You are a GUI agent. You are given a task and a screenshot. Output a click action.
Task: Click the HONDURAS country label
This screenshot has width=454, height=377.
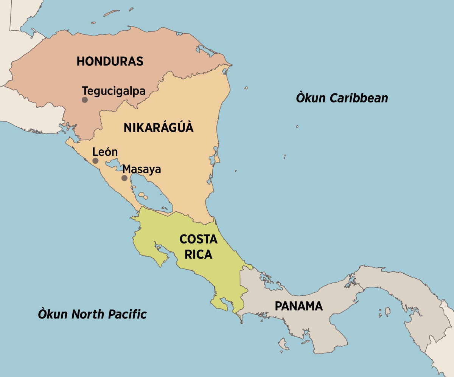coord(110,61)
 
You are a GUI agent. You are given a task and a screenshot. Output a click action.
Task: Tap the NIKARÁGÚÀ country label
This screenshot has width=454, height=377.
coord(159,128)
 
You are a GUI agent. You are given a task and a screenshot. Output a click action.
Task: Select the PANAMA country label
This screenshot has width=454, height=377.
coord(299,306)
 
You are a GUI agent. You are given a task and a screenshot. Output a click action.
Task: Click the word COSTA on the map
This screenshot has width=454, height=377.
coord(198,239)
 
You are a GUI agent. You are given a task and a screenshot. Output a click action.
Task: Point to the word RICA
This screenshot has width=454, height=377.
coord(198,255)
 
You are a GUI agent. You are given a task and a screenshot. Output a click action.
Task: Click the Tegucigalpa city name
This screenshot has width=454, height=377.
coord(114,91)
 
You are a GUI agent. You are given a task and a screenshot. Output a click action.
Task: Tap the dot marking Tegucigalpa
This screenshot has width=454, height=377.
coord(85,100)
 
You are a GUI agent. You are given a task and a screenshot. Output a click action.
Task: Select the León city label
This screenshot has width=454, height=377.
coord(105,152)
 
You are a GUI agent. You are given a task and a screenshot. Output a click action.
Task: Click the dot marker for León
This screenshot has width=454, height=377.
coord(95,161)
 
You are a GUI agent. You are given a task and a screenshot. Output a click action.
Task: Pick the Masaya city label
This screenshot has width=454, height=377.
coord(142,169)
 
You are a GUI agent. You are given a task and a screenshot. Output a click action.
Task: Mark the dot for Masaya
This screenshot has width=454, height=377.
coord(124,178)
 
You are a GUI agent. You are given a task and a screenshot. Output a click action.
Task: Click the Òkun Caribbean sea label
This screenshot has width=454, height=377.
coord(342,98)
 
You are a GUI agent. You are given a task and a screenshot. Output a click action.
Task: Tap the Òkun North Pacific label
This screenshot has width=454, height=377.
coord(92,314)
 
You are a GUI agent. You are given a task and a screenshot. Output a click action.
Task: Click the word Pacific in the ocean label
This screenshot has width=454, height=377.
coord(127,314)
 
